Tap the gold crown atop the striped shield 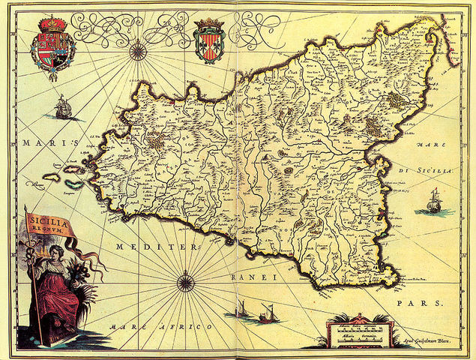coord(208,24)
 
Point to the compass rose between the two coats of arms coord(137,50)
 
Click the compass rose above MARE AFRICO coord(185,283)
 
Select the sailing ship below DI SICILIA coord(434,201)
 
